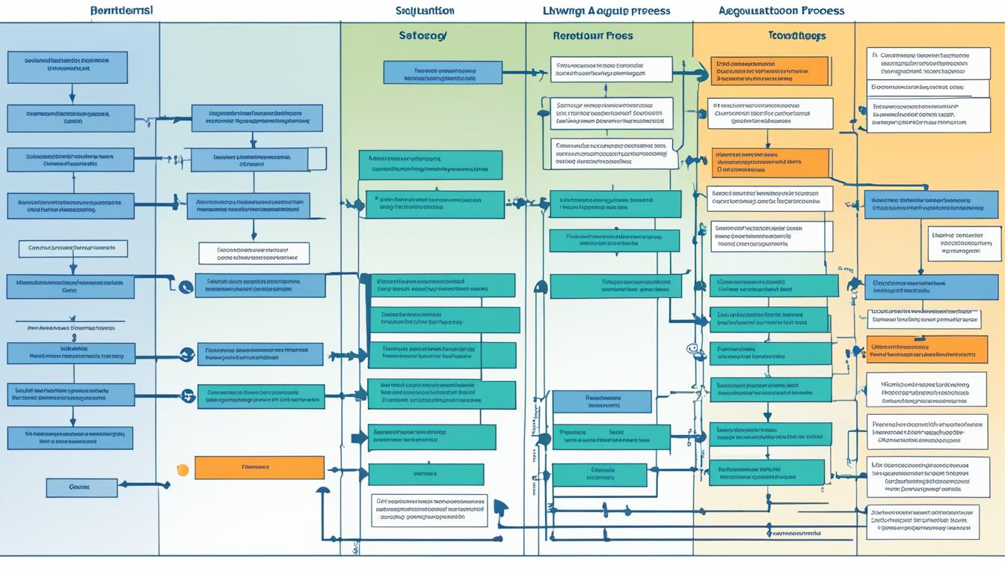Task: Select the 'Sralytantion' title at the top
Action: pos(425,11)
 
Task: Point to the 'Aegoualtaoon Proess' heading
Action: pos(781,11)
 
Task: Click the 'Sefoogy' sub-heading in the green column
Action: pos(423,36)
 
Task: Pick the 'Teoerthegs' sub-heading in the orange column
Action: pos(797,36)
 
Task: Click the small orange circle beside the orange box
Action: pos(182,469)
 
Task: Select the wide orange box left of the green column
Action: pos(259,468)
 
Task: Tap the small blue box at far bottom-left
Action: pos(82,487)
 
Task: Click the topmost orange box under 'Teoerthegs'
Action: pos(769,71)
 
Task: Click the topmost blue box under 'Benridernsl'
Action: pos(67,67)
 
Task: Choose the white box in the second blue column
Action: pos(253,253)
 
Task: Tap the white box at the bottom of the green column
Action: pos(429,510)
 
